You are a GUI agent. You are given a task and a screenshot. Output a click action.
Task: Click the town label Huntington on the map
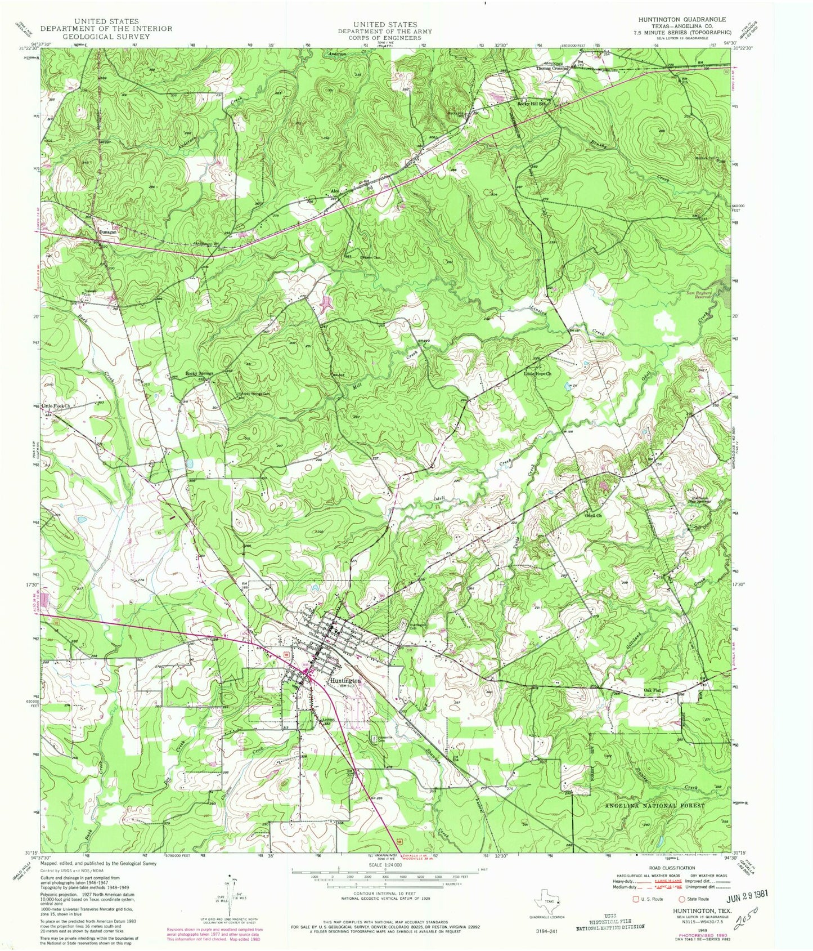(345, 680)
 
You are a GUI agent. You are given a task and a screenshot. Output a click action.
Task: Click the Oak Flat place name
(652, 690)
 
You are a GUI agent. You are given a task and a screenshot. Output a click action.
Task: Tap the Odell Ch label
(593, 515)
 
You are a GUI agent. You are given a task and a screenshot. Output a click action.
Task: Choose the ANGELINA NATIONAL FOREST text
(654, 806)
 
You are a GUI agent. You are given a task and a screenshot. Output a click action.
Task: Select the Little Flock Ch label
(58, 405)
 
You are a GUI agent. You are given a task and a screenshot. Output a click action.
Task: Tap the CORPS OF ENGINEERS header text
(385, 38)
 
